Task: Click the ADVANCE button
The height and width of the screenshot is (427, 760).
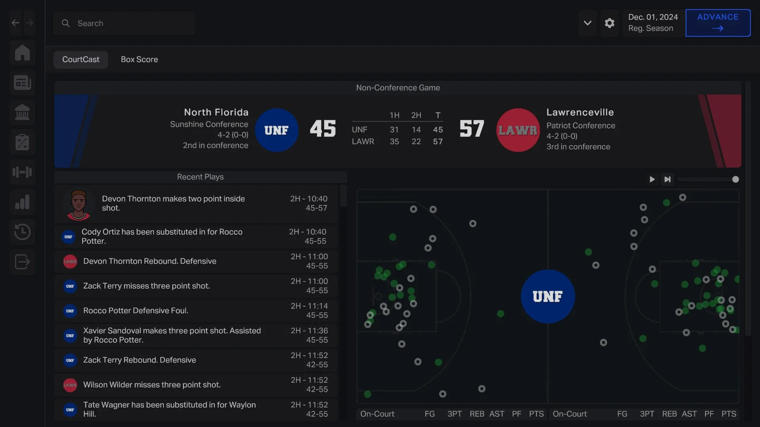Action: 718,23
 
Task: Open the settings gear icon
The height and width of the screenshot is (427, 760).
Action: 610,23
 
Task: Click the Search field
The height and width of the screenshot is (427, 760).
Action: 124,23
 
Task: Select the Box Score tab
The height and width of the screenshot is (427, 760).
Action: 139,59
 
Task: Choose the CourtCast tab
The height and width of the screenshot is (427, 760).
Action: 81,59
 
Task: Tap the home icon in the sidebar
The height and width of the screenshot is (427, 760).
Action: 22,53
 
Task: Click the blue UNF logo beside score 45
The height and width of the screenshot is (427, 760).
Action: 276,130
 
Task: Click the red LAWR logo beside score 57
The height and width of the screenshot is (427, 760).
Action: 518,130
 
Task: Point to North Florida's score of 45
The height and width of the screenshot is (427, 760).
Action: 323,129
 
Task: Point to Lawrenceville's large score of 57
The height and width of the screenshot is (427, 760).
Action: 472,129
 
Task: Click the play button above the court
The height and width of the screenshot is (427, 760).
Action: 652,179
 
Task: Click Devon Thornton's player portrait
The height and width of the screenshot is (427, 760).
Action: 78,204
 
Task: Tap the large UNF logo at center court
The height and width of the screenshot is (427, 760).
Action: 548,297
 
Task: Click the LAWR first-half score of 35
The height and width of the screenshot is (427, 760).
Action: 394,142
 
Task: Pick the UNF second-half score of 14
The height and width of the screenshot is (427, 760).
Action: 416,130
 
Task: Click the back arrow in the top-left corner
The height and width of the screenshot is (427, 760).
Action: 15,23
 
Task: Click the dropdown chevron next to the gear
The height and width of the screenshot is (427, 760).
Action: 587,23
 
